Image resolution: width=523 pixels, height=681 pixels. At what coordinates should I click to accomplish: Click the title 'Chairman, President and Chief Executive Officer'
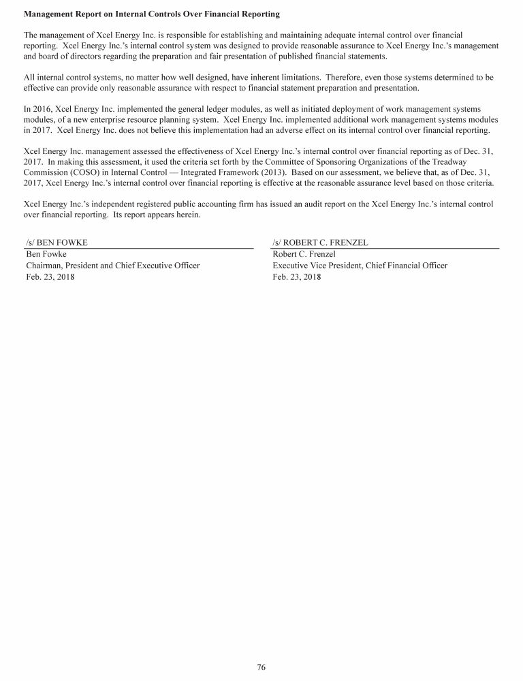tap(113, 266)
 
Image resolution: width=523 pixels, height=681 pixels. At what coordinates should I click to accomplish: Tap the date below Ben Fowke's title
tap(50, 277)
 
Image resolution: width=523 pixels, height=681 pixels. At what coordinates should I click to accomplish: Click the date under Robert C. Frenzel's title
tap(296, 277)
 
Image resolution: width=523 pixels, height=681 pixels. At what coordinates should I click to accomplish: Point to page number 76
tap(261, 667)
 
